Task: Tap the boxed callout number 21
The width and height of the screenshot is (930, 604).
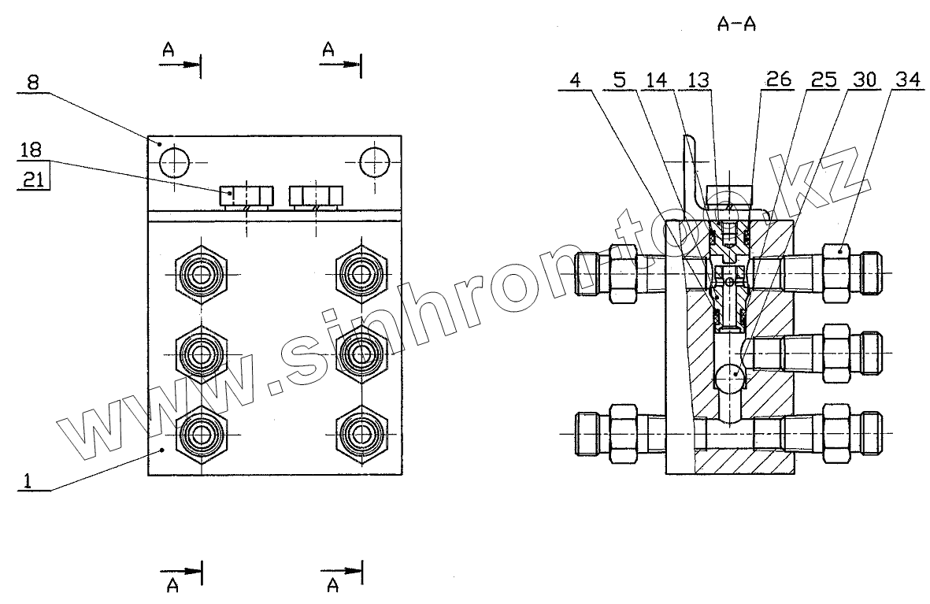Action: point(31,180)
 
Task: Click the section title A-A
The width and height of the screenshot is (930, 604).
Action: point(737,25)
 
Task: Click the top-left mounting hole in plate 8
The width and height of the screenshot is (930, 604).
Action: point(173,163)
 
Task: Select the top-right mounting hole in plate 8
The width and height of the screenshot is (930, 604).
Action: point(375,163)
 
